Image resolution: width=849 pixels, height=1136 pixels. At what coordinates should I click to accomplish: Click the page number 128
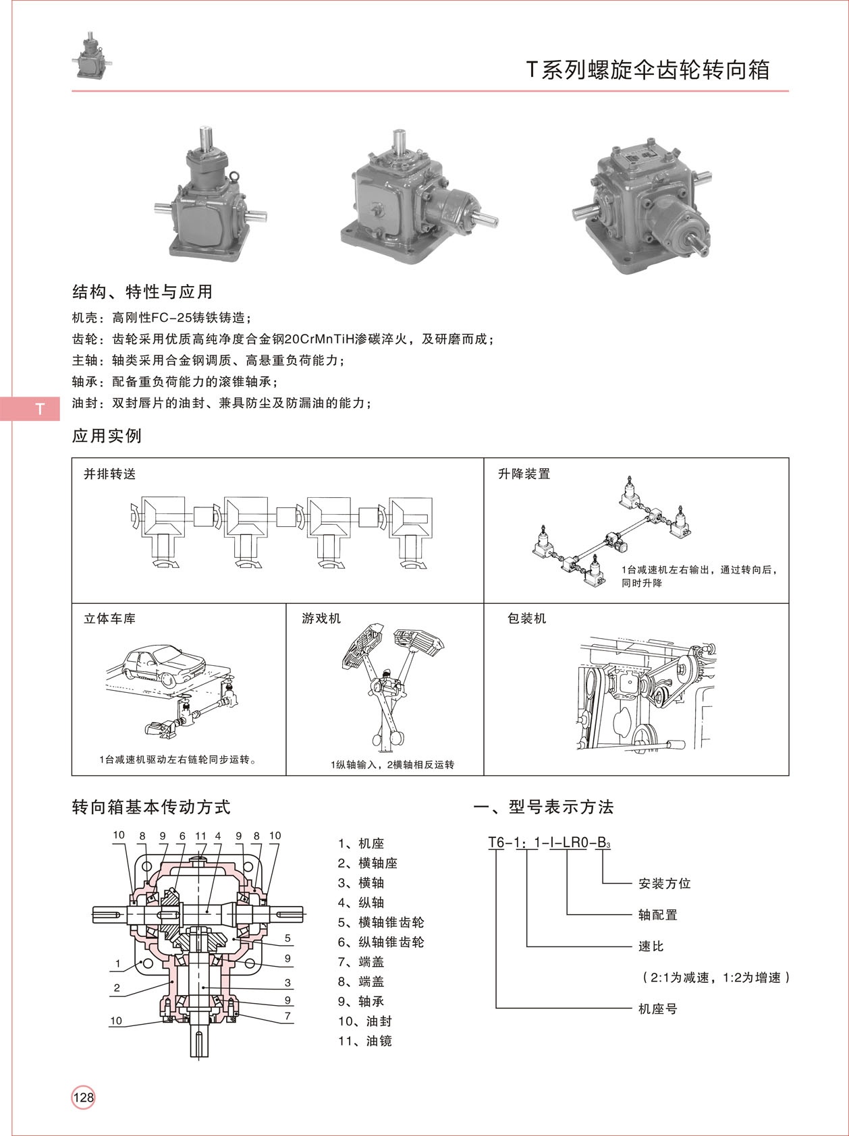tap(84, 1097)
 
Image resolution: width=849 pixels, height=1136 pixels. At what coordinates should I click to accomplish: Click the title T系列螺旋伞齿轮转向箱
tap(647, 70)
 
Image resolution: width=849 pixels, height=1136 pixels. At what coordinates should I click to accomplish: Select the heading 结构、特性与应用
tap(142, 292)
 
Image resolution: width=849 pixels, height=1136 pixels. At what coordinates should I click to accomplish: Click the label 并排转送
tap(109, 474)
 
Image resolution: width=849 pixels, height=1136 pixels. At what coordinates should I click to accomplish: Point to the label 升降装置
tap(524, 474)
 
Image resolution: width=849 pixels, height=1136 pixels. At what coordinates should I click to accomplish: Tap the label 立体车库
tap(109, 619)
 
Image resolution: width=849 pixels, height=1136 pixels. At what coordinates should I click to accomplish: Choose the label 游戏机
tap(321, 619)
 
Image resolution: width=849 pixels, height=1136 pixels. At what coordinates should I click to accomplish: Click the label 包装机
tap(526, 619)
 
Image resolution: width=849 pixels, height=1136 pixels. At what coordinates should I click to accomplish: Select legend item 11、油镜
tap(364, 1041)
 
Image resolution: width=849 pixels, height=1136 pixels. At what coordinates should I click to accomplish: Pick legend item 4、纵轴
tap(360, 903)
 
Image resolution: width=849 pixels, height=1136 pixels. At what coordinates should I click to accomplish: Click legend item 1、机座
tap(360, 843)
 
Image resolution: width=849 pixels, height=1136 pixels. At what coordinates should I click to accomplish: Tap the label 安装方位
tap(664, 883)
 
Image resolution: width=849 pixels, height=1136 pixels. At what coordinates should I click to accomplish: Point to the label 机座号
tap(657, 1009)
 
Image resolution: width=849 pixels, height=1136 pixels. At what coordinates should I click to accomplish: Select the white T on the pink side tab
tap(40, 409)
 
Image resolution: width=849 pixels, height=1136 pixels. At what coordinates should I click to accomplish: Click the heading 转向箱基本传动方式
tap(151, 807)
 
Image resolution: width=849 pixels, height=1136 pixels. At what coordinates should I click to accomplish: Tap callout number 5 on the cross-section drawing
tap(287, 938)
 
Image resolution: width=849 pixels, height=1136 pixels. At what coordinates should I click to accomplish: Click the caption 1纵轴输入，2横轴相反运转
tap(392, 764)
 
